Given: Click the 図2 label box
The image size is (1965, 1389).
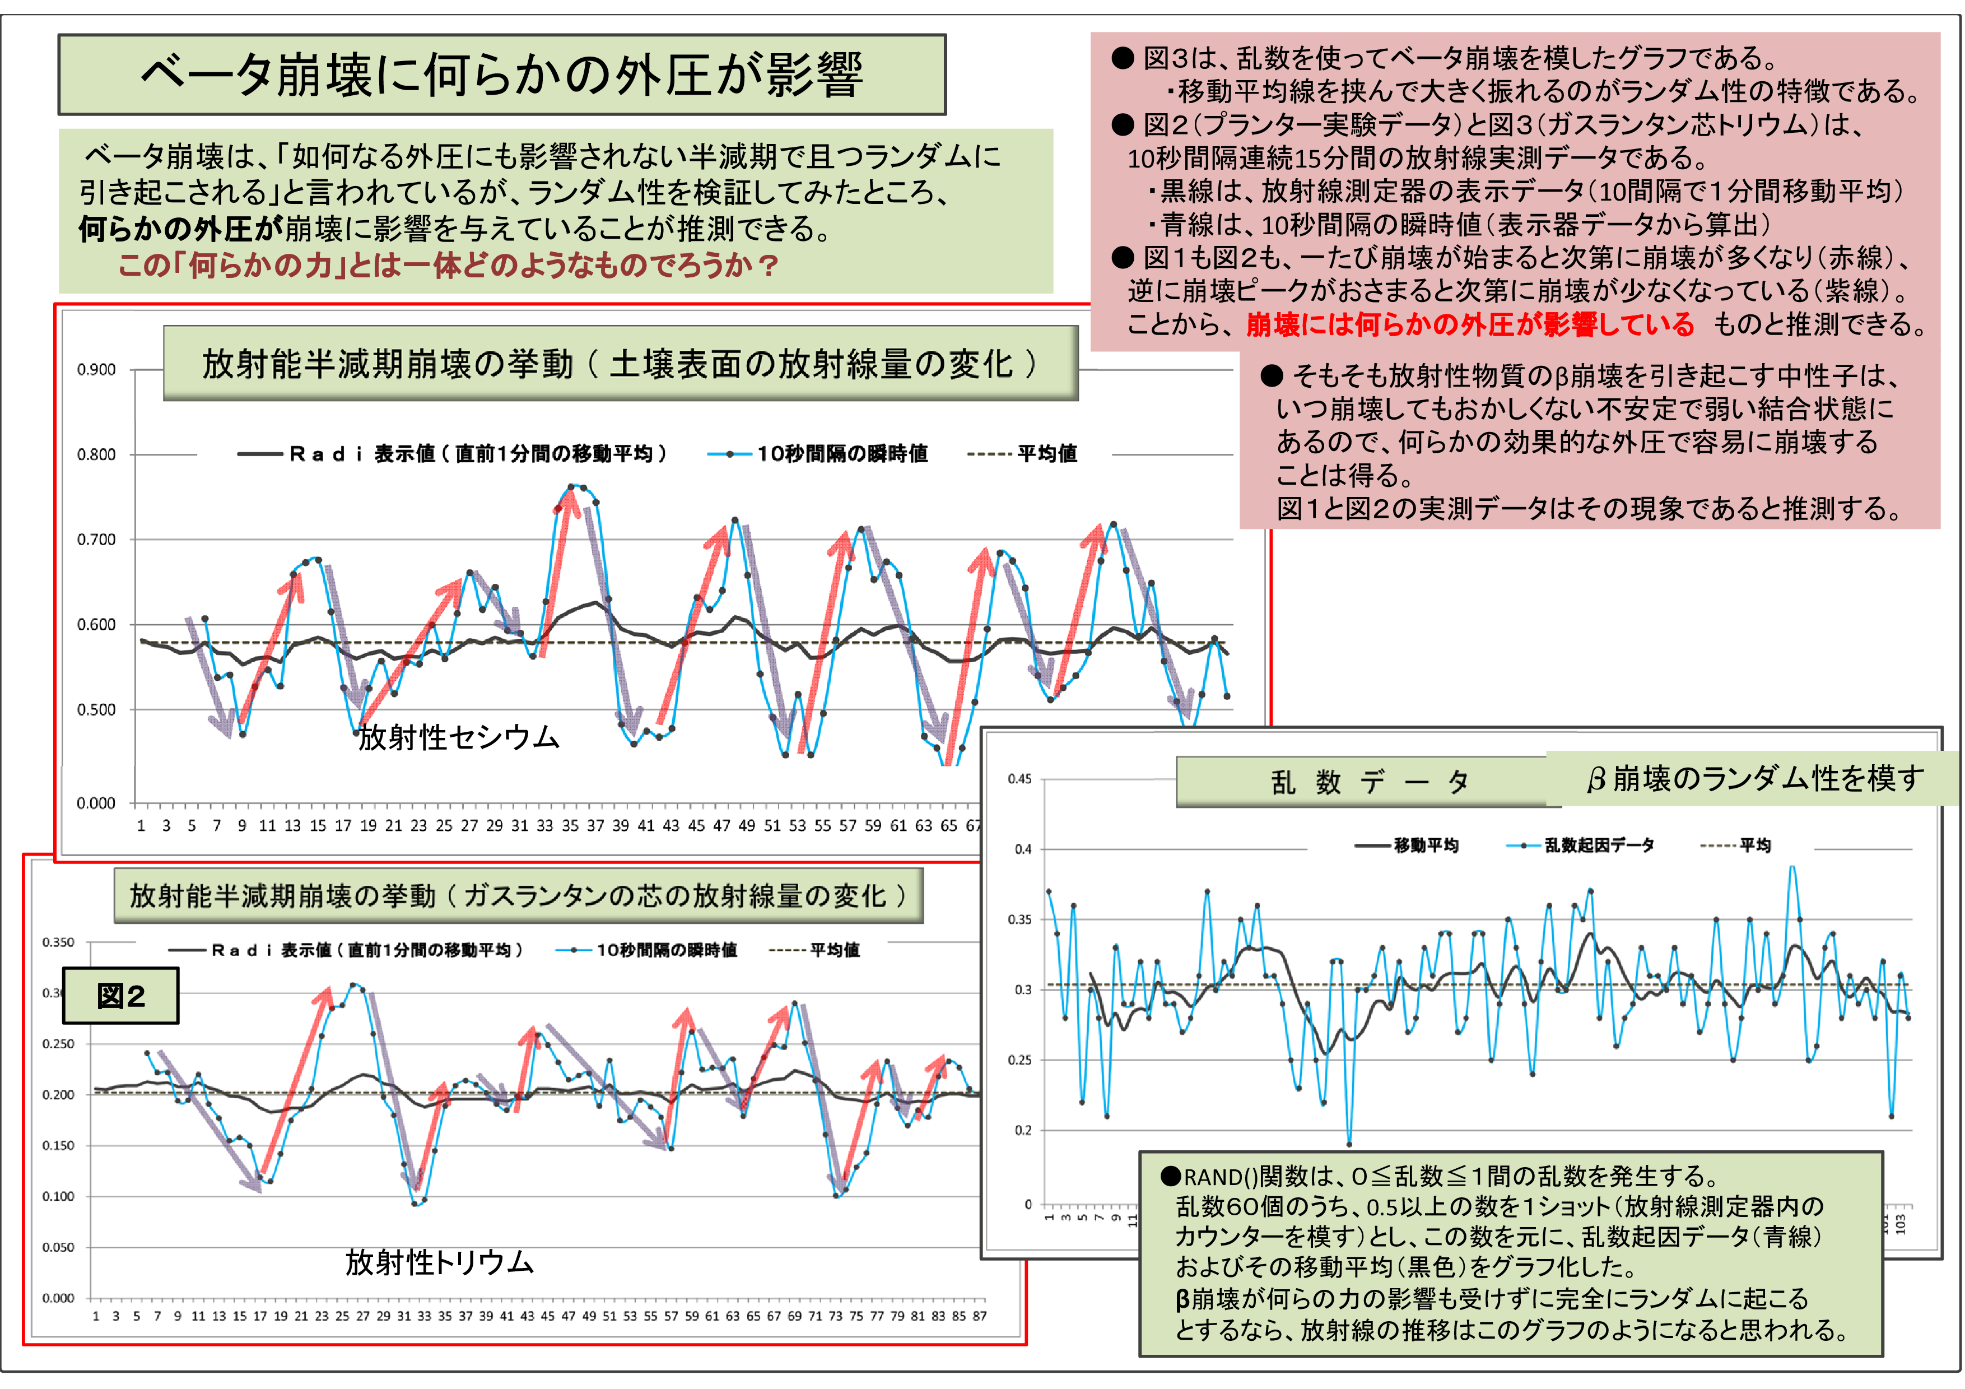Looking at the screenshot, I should point(120,995).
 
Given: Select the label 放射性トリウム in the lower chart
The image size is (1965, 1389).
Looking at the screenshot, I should point(439,1262).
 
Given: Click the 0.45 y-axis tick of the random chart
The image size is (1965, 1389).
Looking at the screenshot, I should point(1019,779).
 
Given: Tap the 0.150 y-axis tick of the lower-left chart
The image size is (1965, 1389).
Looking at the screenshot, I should point(58,1145).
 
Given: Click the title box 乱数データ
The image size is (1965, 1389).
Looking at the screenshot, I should point(1368,782).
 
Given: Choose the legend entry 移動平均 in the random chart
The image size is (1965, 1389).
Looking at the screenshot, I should point(1425,846).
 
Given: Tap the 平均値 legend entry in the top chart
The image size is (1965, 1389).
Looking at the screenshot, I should point(1046,454).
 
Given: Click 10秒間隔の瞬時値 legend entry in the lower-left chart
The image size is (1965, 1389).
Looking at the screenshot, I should point(666,950).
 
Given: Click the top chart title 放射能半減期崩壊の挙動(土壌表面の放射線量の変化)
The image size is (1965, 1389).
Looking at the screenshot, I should point(620,364).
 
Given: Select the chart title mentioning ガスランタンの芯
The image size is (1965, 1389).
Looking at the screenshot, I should point(518,895).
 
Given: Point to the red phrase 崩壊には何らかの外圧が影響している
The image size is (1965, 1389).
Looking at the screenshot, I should point(1469,324).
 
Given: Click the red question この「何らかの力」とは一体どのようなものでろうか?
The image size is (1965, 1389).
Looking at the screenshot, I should point(448,265).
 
